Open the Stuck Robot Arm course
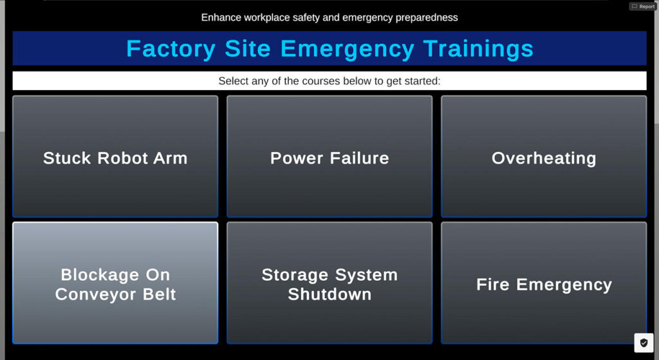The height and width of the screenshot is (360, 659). [x=115, y=156]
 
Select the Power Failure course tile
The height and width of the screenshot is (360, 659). [x=329, y=156]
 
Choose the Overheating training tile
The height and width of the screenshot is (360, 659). [x=544, y=156]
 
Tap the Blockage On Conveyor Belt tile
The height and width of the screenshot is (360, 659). [x=115, y=283]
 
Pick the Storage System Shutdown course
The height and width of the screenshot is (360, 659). [x=329, y=283]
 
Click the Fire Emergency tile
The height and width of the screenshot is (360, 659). [x=544, y=283]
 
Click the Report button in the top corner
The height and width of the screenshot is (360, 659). [x=643, y=6]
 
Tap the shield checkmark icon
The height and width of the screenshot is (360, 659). [x=644, y=343]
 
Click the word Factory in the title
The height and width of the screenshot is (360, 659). [x=171, y=49]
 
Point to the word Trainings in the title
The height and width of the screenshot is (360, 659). [x=478, y=49]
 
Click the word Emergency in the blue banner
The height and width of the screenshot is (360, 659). [x=347, y=49]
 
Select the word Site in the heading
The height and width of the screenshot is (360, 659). [x=248, y=48]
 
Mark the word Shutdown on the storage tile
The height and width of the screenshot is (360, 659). [x=329, y=294]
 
